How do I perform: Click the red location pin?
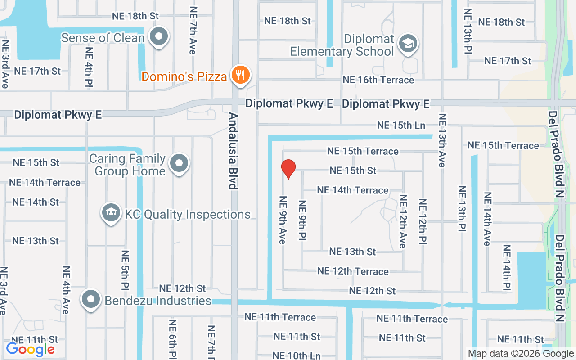click(288, 169)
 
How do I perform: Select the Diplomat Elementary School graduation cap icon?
click(408, 44)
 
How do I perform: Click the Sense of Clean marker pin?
click(158, 36)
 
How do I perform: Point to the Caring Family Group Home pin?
click(180, 164)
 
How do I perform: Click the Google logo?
click(31, 349)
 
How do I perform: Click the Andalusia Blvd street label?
click(233, 151)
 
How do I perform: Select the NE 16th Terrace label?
click(378, 80)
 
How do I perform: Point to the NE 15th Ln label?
click(401, 125)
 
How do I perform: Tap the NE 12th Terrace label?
click(353, 271)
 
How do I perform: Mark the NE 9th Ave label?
click(283, 220)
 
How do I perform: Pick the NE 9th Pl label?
click(302, 220)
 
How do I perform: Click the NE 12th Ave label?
click(403, 221)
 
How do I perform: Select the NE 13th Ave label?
click(442, 140)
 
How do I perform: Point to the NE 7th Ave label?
click(193, 30)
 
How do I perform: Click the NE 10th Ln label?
click(297, 355)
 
